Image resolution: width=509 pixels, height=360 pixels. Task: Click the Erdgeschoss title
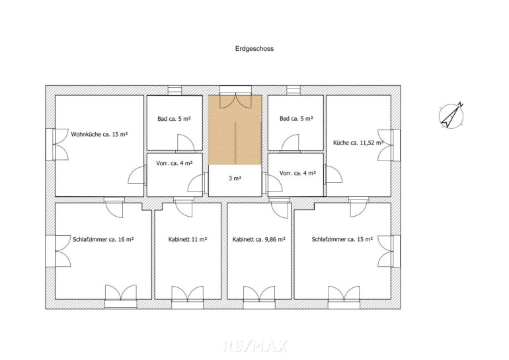(x=255, y=49)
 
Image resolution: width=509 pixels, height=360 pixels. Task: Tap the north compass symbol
(x=451, y=116)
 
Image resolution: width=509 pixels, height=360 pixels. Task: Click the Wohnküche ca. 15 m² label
(x=99, y=134)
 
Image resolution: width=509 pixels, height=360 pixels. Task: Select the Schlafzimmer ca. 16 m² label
(x=103, y=239)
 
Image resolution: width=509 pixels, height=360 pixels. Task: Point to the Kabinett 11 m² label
(x=188, y=239)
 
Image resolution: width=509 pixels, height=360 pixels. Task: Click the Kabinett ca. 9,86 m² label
(x=259, y=239)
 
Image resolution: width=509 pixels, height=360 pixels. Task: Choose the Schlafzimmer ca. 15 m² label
(x=342, y=239)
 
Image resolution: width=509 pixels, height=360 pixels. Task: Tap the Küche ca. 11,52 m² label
(x=358, y=143)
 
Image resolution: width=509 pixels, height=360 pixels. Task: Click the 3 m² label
(x=235, y=178)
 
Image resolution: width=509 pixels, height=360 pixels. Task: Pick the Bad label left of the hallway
(x=175, y=119)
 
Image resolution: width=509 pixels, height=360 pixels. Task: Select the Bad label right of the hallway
(x=296, y=119)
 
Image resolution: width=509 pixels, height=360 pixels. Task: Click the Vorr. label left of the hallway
(x=175, y=163)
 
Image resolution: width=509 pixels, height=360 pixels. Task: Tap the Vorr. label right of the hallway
(x=297, y=173)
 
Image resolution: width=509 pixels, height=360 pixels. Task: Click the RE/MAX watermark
(x=255, y=345)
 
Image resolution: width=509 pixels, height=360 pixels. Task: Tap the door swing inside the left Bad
(x=186, y=143)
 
